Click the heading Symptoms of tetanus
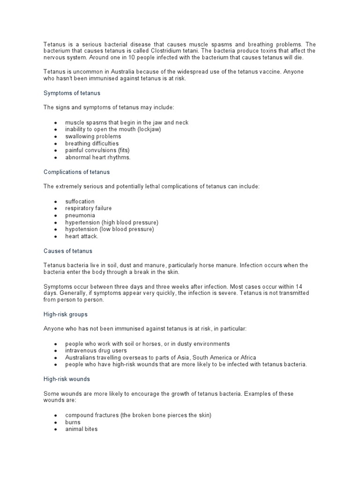pyautogui.click(x=72, y=93)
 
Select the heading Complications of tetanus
pyautogui.click(x=76, y=172)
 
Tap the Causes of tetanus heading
pyautogui.click(x=68, y=251)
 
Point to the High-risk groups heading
pyautogui.click(x=66, y=315)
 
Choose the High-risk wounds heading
pyautogui.click(x=67, y=379)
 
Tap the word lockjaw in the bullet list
pyautogui.click(x=149, y=129)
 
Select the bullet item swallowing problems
pyautogui.click(x=93, y=136)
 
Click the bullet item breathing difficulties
pyautogui.click(x=92, y=143)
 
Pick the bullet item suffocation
pyautogui.click(x=80, y=202)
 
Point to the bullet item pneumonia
pyautogui.click(x=80, y=215)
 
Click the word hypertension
pyautogui.click(x=82, y=222)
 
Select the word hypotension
pyautogui.click(x=82, y=229)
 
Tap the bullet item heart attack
pyautogui.click(x=82, y=236)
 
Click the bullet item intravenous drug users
pyautogui.click(x=96, y=351)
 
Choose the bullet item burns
pyautogui.click(x=73, y=422)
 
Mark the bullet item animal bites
pyautogui.click(x=81, y=429)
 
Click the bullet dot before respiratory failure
pyautogui.click(x=55, y=209)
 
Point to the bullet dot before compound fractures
pyautogui.click(x=55, y=415)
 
